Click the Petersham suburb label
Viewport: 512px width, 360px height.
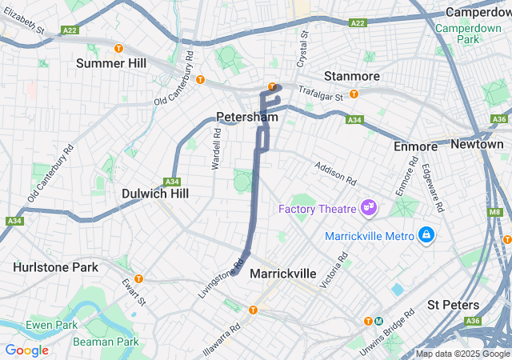pyautogui.click(x=246, y=117)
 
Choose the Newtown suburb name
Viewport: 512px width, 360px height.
pyautogui.click(x=477, y=144)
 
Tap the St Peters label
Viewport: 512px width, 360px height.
pyautogui.click(x=453, y=305)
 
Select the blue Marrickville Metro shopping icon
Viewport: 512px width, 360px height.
pyautogui.click(x=426, y=235)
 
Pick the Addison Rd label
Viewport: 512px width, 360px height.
pyautogui.click(x=335, y=171)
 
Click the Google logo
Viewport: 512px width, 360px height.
pyautogui.click(x=26, y=350)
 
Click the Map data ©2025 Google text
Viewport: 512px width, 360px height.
pyautogui.click(x=462, y=354)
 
